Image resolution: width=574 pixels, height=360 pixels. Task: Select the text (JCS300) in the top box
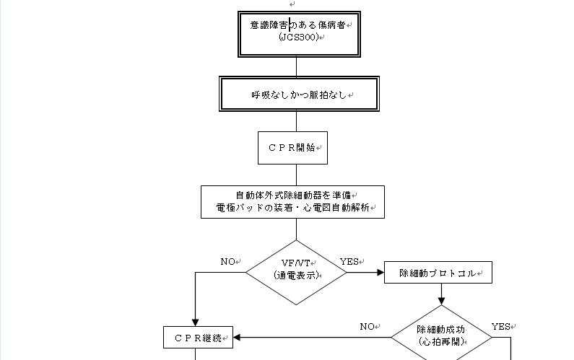298,37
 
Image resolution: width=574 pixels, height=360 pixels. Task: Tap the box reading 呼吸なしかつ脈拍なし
298,95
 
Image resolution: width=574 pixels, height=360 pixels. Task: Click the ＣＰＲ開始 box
292,148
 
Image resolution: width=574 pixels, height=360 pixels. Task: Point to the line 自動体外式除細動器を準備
292,195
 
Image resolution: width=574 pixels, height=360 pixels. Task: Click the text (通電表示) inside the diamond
296,275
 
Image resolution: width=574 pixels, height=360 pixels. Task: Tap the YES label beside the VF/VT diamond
349,261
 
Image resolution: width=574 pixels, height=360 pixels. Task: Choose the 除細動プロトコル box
438,273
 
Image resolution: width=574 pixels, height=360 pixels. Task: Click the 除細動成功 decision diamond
440,334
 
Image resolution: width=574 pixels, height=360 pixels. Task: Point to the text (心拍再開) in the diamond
440,341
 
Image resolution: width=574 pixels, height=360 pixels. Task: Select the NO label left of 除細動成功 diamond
366,327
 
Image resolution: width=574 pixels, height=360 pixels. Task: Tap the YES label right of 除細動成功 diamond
500,327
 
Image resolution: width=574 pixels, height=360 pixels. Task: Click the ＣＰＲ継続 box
197,337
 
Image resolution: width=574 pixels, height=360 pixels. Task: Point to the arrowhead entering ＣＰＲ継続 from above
196,322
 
